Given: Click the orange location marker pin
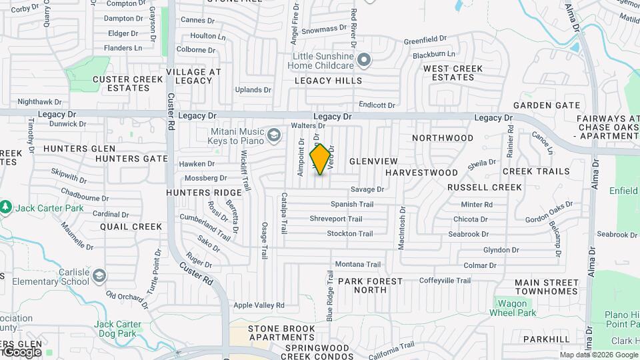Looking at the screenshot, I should (x=321, y=159).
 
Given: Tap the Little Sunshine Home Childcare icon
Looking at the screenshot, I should (x=364, y=61).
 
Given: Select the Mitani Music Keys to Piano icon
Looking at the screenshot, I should (x=273, y=136).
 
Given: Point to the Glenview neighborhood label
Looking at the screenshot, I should (x=373, y=161).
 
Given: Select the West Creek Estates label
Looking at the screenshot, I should (x=453, y=73).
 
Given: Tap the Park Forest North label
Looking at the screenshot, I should (x=371, y=285).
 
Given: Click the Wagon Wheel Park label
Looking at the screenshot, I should (x=513, y=308).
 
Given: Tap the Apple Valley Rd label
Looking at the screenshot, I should (x=259, y=305).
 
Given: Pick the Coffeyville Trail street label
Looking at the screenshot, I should (x=445, y=281).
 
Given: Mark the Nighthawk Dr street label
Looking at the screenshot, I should (x=39, y=102).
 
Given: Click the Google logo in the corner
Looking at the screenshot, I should (x=21, y=351).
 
